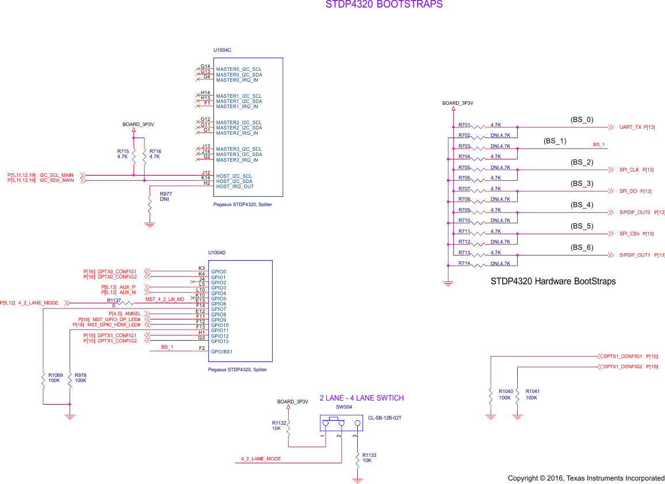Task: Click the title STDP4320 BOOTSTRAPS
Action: coord(384,5)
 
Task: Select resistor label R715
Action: coord(123,151)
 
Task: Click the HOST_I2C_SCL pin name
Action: coord(234,176)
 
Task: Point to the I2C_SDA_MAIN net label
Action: coord(56,181)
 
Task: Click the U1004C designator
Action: coord(222,50)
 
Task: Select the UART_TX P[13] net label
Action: coord(637,127)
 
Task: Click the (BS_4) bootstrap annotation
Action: coord(581,205)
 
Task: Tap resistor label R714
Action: coord(464,263)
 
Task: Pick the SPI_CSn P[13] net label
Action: coord(636,234)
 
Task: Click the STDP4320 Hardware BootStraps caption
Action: coord(553,281)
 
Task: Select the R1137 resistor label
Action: coord(114,300)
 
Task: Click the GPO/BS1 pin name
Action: coord(222,352)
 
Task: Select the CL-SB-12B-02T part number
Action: coord(384,418)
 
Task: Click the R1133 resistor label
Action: coord(369,455)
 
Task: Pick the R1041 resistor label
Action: coord(533,391)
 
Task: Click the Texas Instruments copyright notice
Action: coord(586,478)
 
